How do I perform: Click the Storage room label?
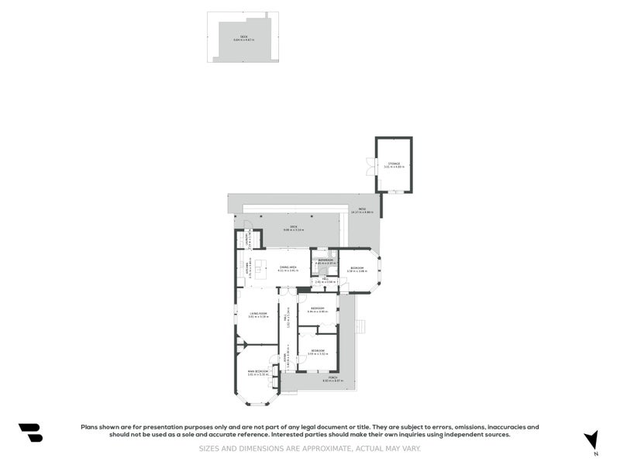coord(394,164)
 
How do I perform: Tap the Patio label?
coord(362,210)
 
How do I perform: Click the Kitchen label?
coord(246,268)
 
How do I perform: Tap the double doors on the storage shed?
coord(370,166)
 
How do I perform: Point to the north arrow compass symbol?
coord(591,439)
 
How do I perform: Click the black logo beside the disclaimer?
coord(30,432)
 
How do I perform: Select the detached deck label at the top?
coord(243,37)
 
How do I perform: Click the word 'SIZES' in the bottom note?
coord(208,448)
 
